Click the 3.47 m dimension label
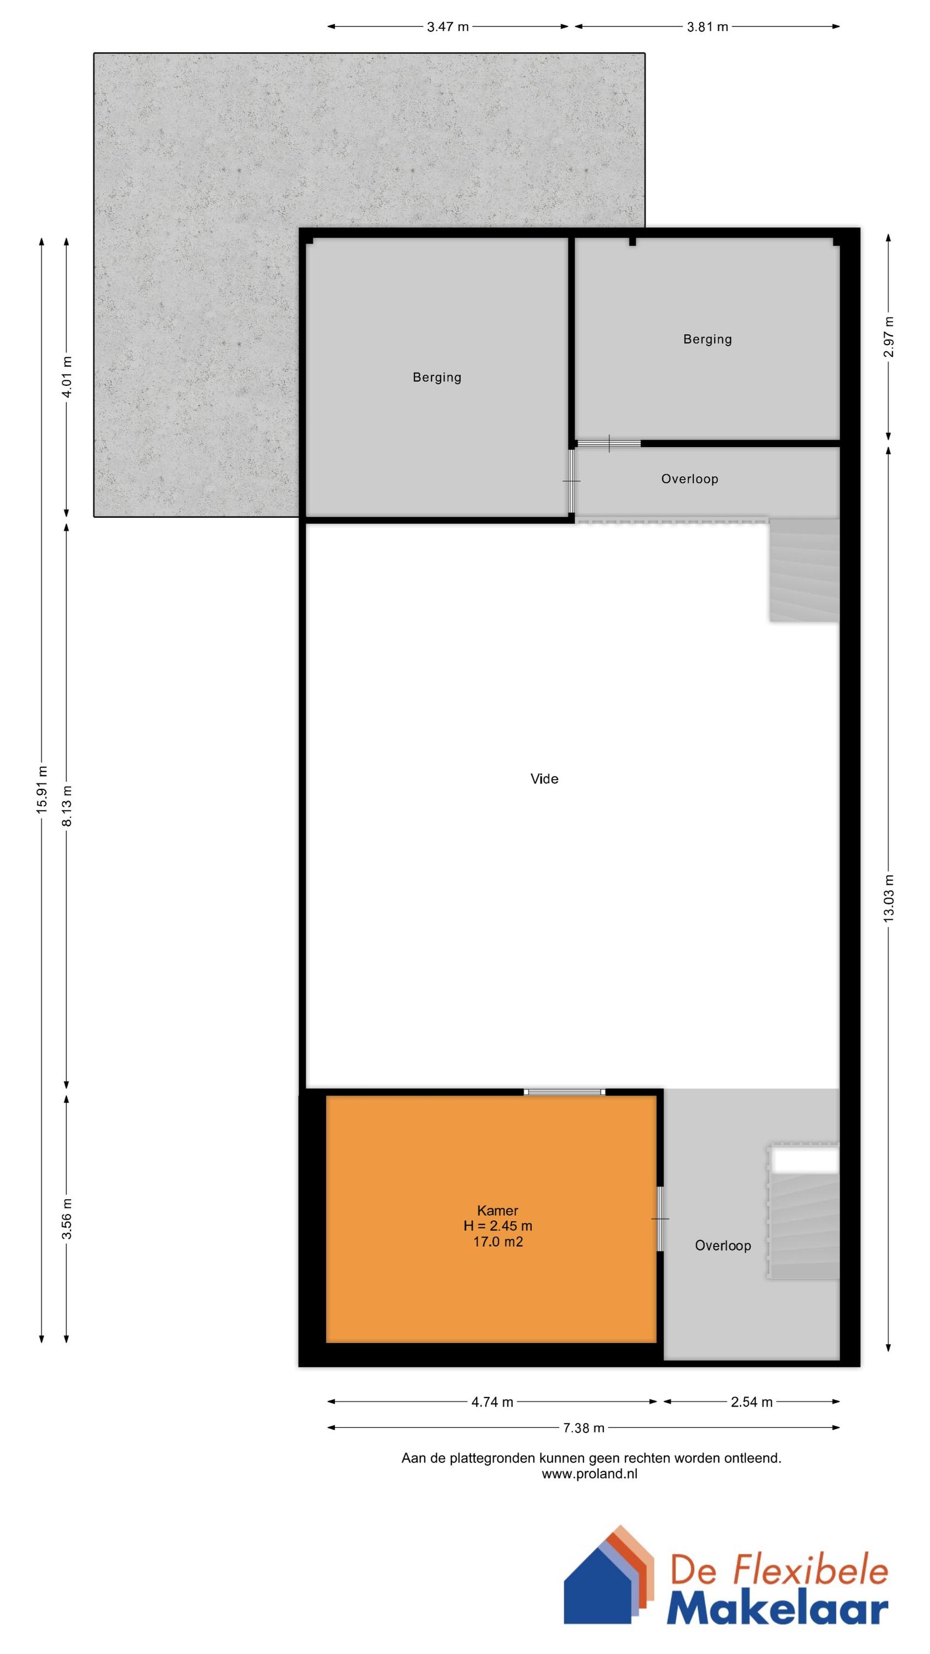[448, 27]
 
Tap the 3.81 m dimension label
[707, 27]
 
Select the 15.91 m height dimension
[42, 790]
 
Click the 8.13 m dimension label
[67, 806]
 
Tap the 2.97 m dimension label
[889, 337]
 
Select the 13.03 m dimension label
[889, 899]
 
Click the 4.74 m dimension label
[493, 1402]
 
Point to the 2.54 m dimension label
[751, 1402]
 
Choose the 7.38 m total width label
[583, 1428]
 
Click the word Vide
[544, 779]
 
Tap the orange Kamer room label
[498, 1210]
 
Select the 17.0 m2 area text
[498, 1242]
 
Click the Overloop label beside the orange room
[723, 1245]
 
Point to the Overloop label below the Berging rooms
[690, 479]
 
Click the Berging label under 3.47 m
[437, 378]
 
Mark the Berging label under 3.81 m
[707, 339]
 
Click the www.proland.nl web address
[590, 1474]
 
